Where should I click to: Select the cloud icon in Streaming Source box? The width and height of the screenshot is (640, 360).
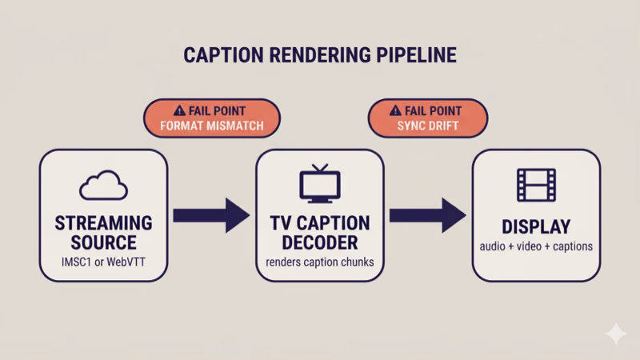pos(103,186)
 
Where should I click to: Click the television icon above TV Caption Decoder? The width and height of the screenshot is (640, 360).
pos(319,185)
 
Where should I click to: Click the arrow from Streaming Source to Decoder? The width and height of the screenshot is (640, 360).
pos(210,215)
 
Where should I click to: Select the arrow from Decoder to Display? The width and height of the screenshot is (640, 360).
pos(426,215)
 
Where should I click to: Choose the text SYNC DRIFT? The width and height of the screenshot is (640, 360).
pos(428,126)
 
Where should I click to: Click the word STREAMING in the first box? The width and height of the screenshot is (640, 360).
pos(103,222)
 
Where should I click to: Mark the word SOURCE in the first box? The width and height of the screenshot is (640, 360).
pos(103,242)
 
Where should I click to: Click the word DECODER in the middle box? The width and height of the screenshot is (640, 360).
pos(319,242)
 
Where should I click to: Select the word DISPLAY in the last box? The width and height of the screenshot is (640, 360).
pos(535,225)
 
